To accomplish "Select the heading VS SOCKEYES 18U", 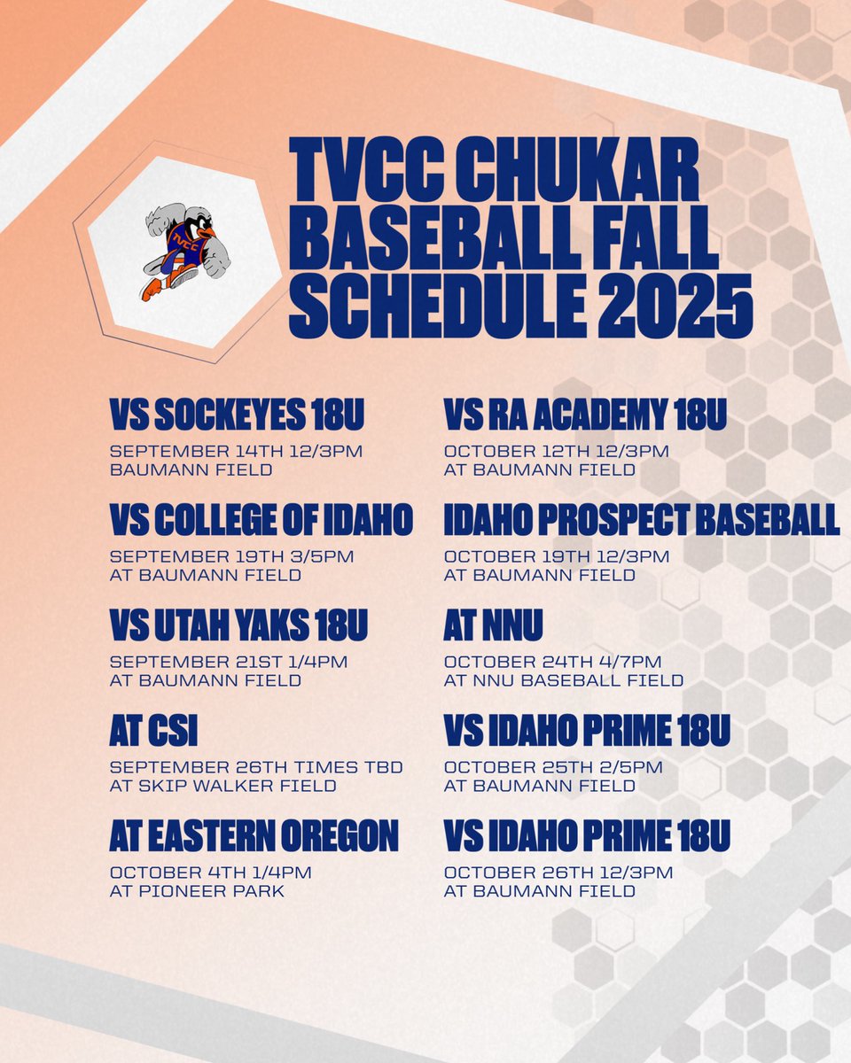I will (238, 415).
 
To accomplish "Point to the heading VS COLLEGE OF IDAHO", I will (262, 521).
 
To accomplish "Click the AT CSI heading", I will (153, 733).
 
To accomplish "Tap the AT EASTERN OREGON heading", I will (254, 837).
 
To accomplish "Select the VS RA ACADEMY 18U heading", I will (585, 415).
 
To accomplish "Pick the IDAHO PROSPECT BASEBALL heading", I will (642, 521).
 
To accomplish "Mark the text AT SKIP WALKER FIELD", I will (223, 786).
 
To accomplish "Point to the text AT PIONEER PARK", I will (197, 891).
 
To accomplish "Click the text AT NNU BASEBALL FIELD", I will (564, 680).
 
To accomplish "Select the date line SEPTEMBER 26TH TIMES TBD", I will (256, 767).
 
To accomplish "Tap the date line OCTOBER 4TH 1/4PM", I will (211, 873).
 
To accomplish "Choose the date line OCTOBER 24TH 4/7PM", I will (553, 662).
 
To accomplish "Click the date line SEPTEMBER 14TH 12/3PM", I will (236, 452).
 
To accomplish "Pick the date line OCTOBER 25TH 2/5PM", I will (553, 767).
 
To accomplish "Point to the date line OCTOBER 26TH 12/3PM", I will (558, 873).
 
